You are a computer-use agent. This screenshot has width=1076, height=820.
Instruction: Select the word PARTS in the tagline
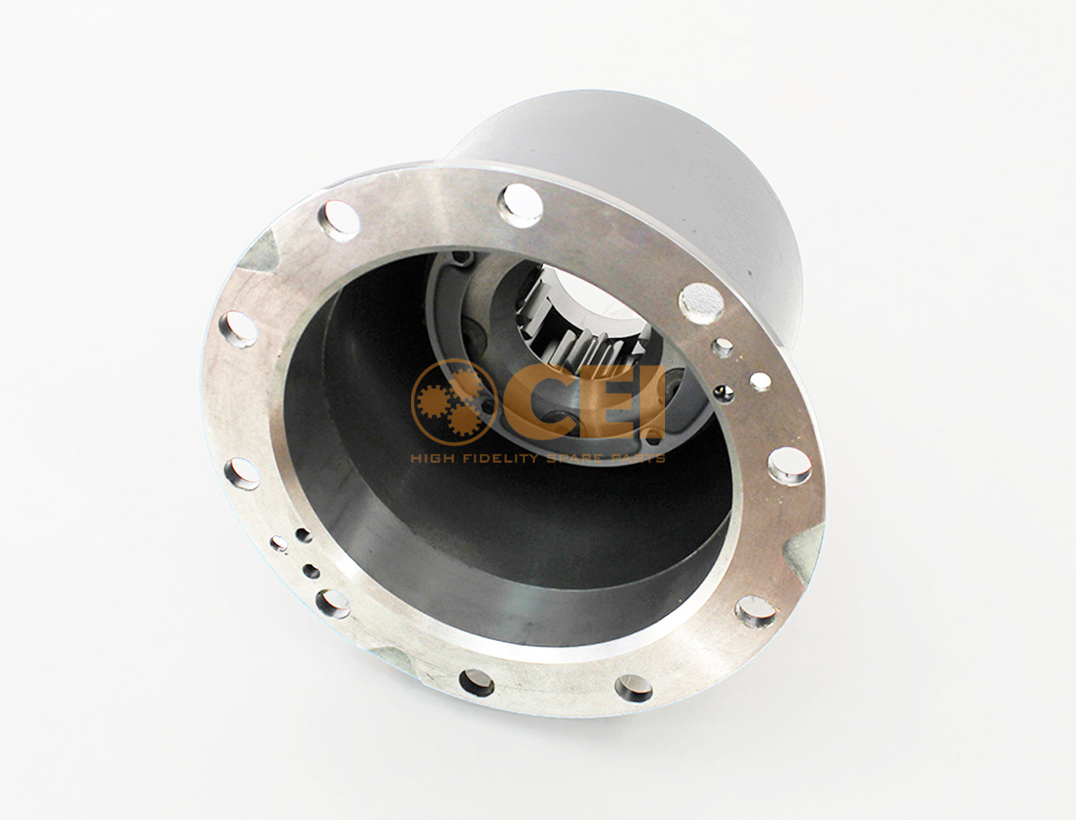tap(636, 458)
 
